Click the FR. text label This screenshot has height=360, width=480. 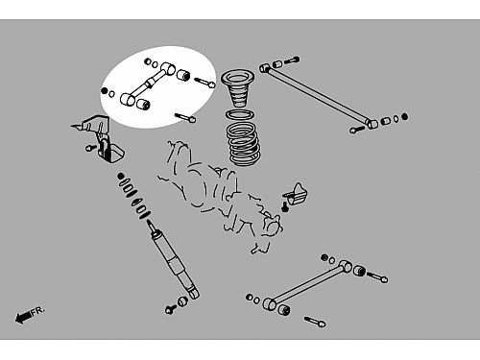[38, 310]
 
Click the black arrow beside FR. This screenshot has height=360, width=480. [23, 317]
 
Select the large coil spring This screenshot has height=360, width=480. [244, 144]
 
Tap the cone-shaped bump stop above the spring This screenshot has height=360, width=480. [238, 88]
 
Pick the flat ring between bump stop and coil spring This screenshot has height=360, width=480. [240, 114]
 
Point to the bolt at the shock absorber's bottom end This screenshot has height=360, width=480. [170, 309]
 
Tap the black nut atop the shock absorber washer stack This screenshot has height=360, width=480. [121, 176]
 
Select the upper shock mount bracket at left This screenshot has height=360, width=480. [99, 137]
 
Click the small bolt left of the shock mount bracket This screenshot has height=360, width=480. [91, 148]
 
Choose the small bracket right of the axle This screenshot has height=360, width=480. [296, 194]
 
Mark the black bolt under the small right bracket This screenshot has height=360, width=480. [285, 206]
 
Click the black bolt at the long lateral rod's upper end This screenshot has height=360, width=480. [292, 60]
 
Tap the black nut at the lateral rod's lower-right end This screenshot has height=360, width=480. [404, 117]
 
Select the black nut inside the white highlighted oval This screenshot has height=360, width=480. [105, 91]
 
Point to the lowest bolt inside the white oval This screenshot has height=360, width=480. [185, 117]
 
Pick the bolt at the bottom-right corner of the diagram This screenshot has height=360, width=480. [315, 322]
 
